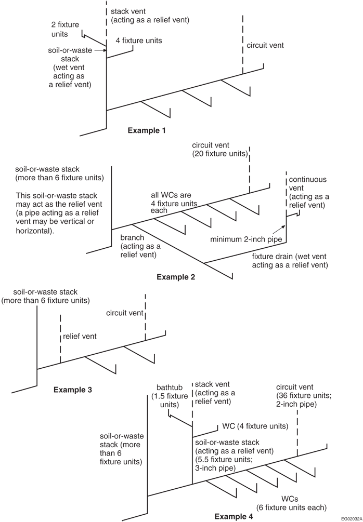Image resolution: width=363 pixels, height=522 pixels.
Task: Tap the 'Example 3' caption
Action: pos(73,389)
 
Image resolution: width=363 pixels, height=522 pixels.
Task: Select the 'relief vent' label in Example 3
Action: pos(80,337)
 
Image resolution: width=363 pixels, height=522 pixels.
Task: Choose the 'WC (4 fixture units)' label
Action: pos(255,427)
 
